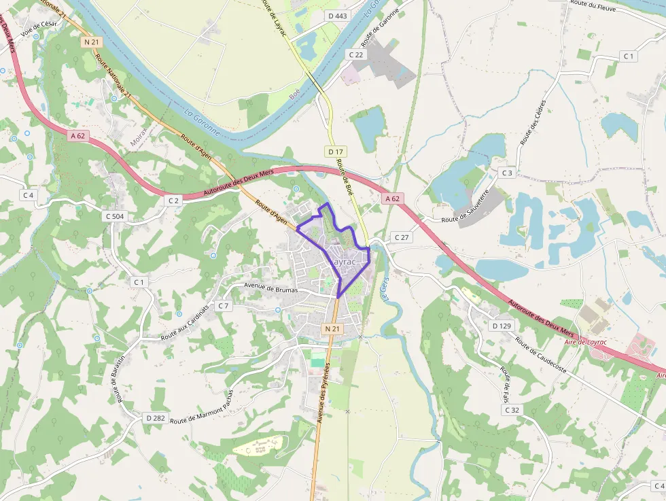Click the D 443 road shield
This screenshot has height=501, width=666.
(336, 16)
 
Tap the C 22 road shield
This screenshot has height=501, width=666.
(355, 54)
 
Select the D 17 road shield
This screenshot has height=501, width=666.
(334, 151)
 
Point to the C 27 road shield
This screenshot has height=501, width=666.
(401, 237)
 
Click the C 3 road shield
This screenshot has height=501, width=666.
(507, 173)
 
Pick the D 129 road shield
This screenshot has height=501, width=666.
(501, 326)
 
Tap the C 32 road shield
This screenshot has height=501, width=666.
(512, 410)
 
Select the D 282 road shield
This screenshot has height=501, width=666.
(155, 417)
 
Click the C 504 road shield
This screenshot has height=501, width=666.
(115, 216)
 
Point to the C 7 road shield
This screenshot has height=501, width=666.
(223, 306)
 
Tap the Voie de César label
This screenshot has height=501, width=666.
(40, 27)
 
